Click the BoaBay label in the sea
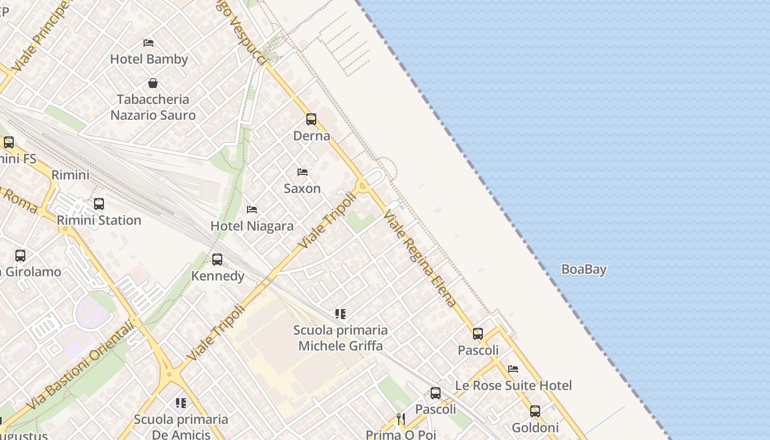(x=584, y=269)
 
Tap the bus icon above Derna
(x=311, y=119)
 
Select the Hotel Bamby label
(x=149, y=59)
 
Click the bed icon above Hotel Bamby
(x=148, y=42)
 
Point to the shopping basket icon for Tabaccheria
(x=153, y=83)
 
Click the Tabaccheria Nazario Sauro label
(x=153, y=107)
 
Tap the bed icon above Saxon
(x=302, y=172)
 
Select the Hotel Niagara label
(x=252, y=226)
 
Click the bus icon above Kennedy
(x=217, y=259)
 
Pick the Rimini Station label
(x=99, y=220)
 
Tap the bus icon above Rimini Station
(x=99, y=204)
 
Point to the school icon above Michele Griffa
(x=340, y=314)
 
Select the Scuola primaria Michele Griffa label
(x=340, y=338)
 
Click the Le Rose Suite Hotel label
(x=514, y=385)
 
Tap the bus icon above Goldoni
(x=535, y=411)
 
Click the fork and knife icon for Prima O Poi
(x=401, y=419)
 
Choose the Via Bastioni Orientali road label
(x=80, y=366)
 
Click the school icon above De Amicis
(x=181, y=403)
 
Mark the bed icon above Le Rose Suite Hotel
(x=513, y=369)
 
